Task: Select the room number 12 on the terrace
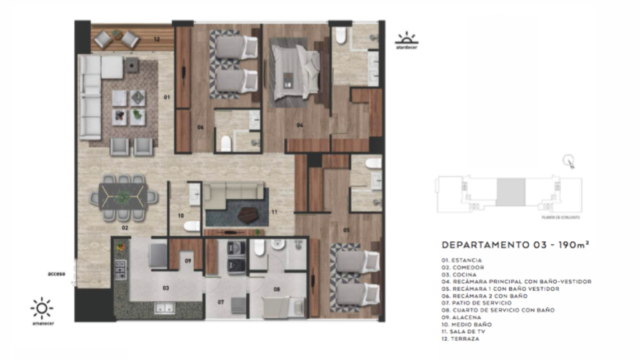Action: point(157,39)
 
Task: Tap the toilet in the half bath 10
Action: point(192,225)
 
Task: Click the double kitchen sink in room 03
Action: point(164,308)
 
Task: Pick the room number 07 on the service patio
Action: point(221,302)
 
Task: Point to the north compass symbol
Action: point(568,161)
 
